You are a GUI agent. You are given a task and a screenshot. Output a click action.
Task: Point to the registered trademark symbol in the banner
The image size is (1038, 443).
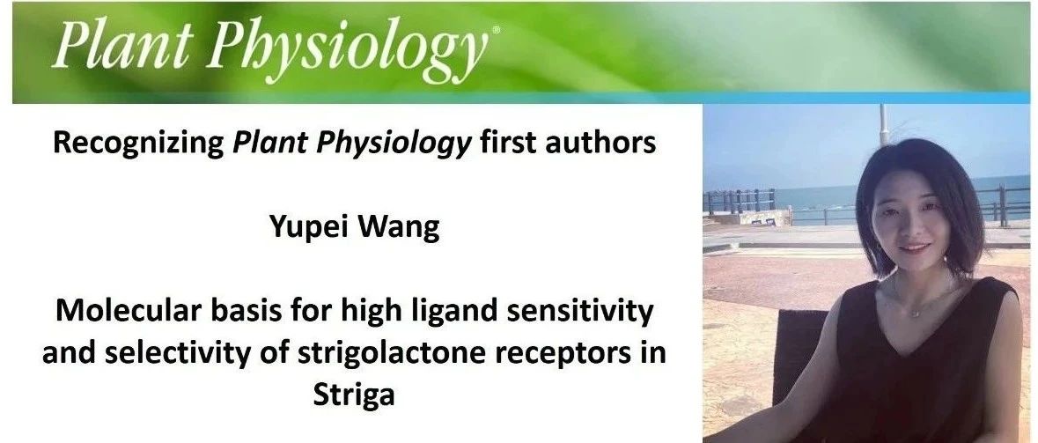(496, 31)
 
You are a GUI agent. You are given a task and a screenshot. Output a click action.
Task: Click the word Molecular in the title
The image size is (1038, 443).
(127, 311)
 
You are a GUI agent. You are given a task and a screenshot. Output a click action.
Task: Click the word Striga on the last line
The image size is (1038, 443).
(354, 395)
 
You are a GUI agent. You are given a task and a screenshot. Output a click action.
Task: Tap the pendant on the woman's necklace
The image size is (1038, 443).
(916, 312)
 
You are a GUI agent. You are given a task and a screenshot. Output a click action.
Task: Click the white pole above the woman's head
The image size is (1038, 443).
(884, 124)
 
